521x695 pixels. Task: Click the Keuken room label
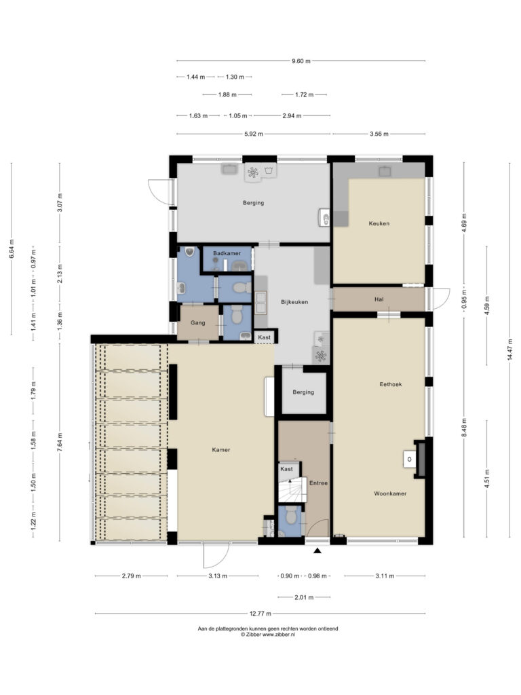coord(379,223)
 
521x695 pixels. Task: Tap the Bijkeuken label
coord(294,302)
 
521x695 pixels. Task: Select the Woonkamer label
coord(390,493)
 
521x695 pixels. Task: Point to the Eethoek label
coord(390,384)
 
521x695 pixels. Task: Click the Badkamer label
coord(227,253)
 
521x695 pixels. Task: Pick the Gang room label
coord(197,322)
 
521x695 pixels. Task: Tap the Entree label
coord(318,483)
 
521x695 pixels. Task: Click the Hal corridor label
coord(379,299)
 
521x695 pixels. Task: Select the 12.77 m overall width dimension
coord(260,614)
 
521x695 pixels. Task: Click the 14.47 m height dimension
coord(510,350)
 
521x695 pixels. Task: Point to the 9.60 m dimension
coord(301,60)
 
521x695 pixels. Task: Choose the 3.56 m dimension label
coord(379,134)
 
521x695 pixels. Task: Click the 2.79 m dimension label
coord(131,576)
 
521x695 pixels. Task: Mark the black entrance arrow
coord(317,551)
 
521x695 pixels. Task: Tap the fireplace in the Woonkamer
coord(418,459)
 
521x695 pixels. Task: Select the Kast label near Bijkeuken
coord(264,337)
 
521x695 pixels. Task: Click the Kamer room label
coord(220,449)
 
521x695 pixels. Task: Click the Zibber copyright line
coord(267,635)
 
